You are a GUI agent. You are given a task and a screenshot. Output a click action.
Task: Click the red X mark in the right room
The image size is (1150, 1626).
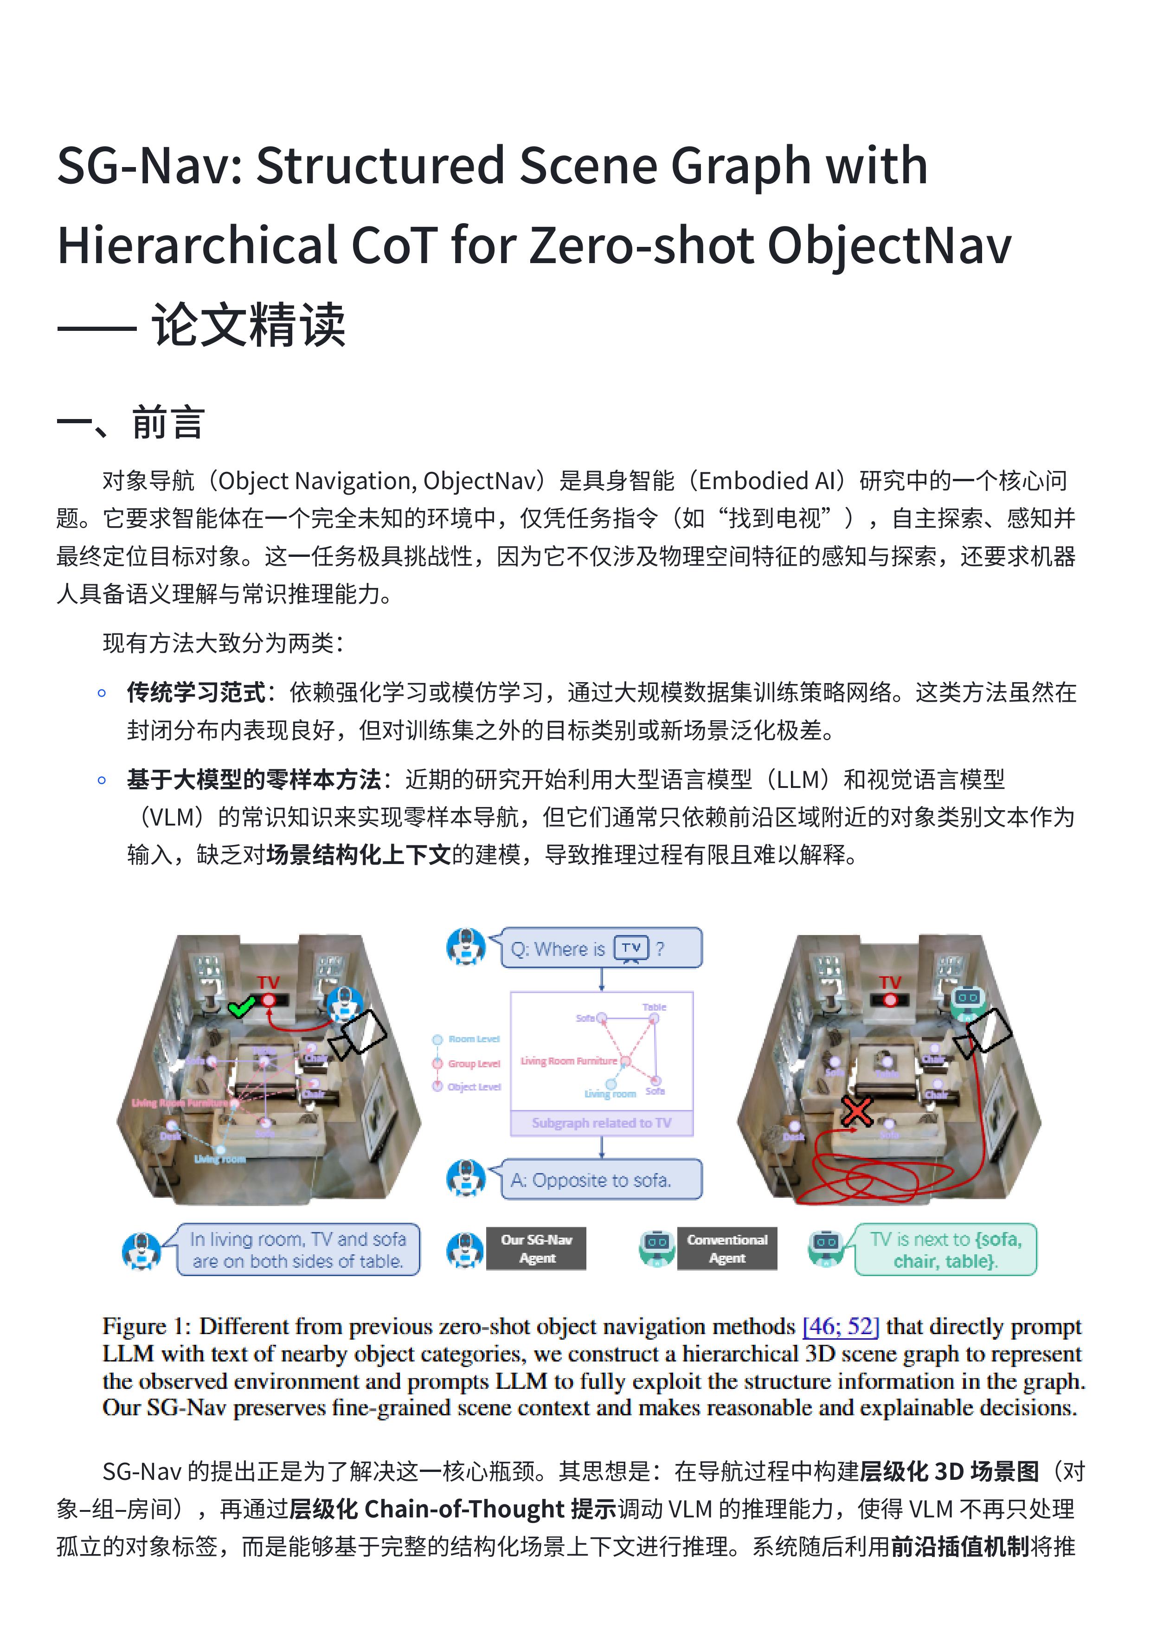tap(857, 1112)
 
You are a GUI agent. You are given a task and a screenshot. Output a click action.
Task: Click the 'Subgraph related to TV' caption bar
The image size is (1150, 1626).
tap(601, 1123)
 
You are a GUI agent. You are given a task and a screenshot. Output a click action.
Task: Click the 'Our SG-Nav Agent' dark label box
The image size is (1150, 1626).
tap(536, 1249)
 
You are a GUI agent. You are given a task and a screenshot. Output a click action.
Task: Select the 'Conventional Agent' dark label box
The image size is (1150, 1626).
tap(726, 1249)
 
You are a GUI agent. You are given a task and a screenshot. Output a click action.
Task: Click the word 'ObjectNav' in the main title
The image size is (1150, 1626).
tap(889, 246)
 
